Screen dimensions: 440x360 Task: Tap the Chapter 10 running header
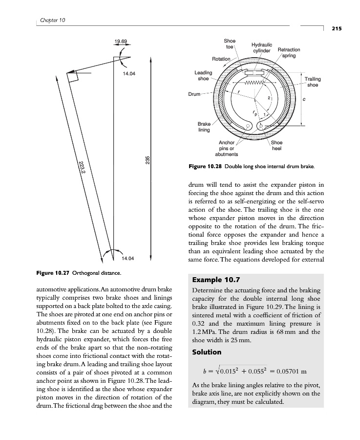click(x=51, y=20)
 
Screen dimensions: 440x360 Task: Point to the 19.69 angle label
click(x=121, y=41)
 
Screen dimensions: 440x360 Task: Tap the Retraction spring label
click(x=289, y=53)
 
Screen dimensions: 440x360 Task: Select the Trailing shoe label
click(x=313, y=82)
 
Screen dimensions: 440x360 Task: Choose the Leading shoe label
click(x=203, y=76)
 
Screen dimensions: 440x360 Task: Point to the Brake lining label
click(x=204, y=127)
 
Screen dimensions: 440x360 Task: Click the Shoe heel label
click(x=276, y=146)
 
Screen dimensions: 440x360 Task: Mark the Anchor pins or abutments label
click(x=227, y=149)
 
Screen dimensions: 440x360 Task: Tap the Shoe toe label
click(x=230, y=44)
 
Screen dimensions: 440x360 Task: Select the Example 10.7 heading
click(x=216, y=281)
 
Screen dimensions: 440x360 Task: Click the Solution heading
click(x=207, y=352)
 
